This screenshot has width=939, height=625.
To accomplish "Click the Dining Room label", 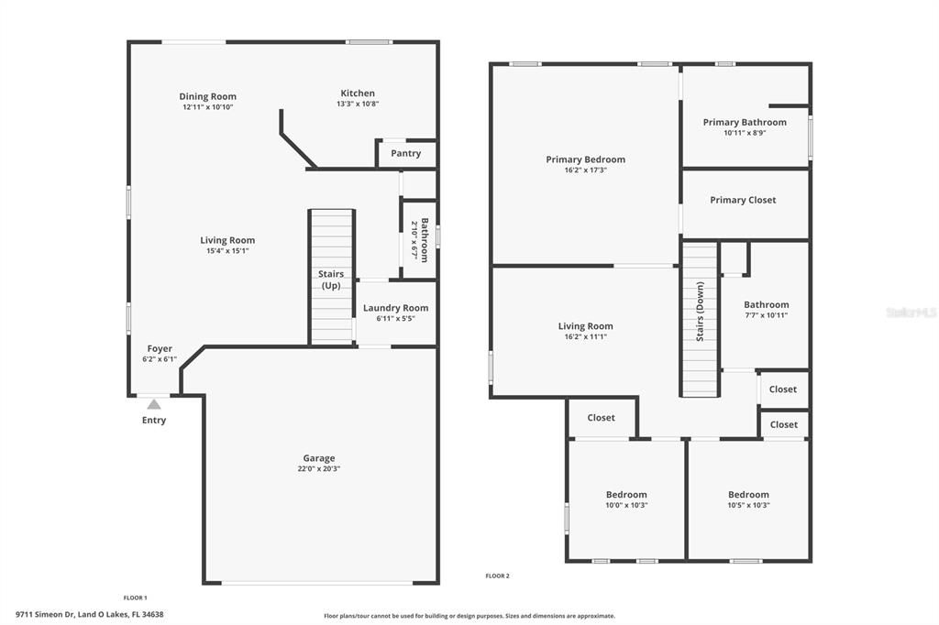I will [x=207, y=96].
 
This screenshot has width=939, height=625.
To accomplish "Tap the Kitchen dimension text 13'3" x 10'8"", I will [x=358, y=104].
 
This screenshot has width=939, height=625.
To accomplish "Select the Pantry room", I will [x=405, y=153].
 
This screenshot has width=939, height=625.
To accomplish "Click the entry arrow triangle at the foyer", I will [x=154, y=403].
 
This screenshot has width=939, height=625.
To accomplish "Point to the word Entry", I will [x=154, y=421].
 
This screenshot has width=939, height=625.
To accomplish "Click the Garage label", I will [x=319, y=458].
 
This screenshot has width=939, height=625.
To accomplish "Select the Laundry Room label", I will [x=395, y=308].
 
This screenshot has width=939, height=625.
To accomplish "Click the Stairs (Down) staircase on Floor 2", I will [x=700, y=320].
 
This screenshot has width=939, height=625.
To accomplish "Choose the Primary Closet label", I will [x=743, y=200].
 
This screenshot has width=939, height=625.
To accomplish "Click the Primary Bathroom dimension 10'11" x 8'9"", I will [x=745, y=133].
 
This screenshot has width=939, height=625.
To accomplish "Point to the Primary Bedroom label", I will [x=585, y=159].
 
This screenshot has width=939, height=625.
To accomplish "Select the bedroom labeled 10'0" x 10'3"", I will [x=626, y=499].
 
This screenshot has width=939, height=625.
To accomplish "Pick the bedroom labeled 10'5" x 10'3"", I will [x=748, y=499].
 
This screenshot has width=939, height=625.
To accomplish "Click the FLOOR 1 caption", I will [x=135, y=598].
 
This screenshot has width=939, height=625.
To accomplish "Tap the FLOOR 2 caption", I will [x=497, y=576].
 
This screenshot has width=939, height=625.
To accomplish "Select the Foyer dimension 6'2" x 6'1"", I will [x=160, y=359].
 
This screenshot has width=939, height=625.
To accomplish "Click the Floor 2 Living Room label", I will [x=585, y=326].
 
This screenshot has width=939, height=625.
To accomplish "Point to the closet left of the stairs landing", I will [x=601, y=418].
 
